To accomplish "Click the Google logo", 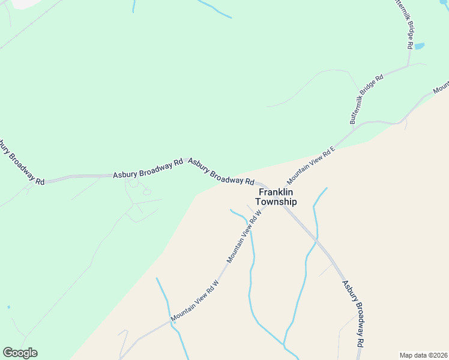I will [x=20, y=353].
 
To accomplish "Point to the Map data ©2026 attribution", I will [x=423, y=355].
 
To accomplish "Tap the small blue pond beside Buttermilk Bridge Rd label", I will [x=419, y=46].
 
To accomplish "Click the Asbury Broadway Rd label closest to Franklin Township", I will [x=221, y=172].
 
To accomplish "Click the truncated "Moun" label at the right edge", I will [x=441, y=88].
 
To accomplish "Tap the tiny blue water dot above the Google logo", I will [x=8, y=307].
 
